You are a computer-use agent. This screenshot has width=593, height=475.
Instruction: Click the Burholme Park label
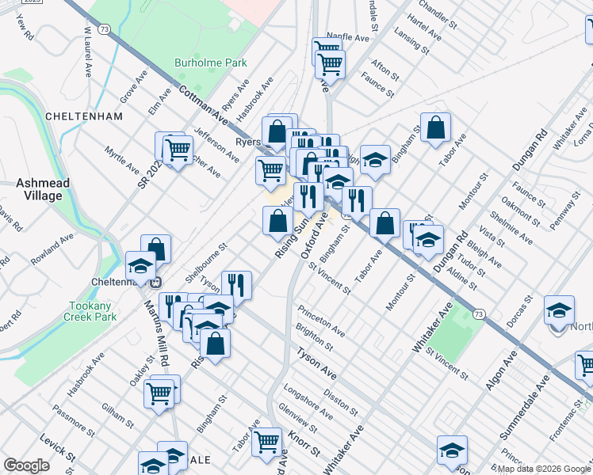211,63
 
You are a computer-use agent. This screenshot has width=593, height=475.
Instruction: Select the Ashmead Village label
43,189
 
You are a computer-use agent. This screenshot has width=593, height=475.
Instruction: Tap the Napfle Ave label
348,37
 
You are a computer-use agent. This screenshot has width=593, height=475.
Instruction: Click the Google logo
26,465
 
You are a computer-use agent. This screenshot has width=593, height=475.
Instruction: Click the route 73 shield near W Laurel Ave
105,29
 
